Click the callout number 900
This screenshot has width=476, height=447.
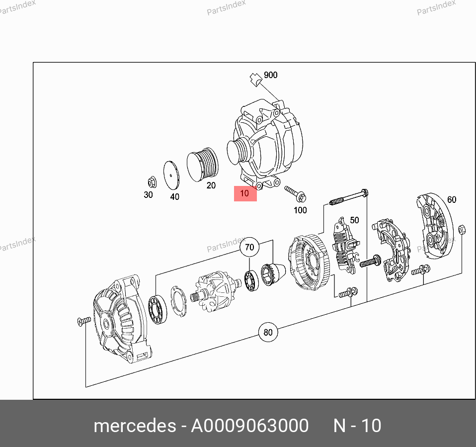[270, 75]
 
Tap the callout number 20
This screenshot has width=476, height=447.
[211, 185]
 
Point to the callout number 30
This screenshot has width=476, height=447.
[148, 195]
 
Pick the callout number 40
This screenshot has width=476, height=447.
[174, 197]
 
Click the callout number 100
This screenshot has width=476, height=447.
[300, 210]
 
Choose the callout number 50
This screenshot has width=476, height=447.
[355, 220]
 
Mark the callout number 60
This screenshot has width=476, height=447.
[452, 200]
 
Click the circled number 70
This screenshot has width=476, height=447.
[249, 247]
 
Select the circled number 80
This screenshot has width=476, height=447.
[268, 332]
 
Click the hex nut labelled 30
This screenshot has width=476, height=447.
[152, 182]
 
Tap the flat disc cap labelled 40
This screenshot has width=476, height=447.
[171, 175]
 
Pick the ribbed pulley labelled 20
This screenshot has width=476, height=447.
[202, 165]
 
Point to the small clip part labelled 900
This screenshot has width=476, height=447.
[255, 80]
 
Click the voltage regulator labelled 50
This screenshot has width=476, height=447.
[346, 246]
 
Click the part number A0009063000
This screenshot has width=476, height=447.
[249, 426]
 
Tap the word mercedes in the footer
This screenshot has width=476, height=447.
[135, 426]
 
